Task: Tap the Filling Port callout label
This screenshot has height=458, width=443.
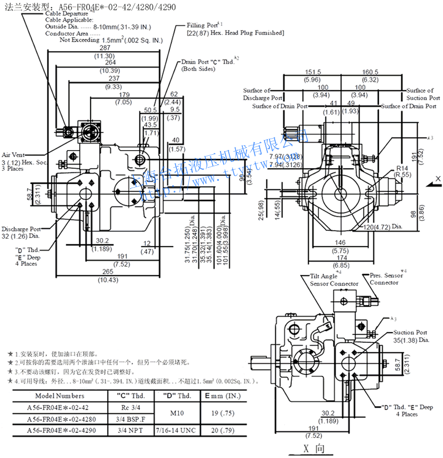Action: point(204,25)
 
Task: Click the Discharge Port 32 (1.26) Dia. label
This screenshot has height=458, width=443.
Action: point(21,232)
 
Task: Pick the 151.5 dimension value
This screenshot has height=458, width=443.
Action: point(313,72)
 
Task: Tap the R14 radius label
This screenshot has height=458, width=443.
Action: point(401,168)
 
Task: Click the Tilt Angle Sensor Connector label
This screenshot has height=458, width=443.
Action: point(334,280)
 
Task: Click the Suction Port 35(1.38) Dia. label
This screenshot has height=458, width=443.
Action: point(411,336)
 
